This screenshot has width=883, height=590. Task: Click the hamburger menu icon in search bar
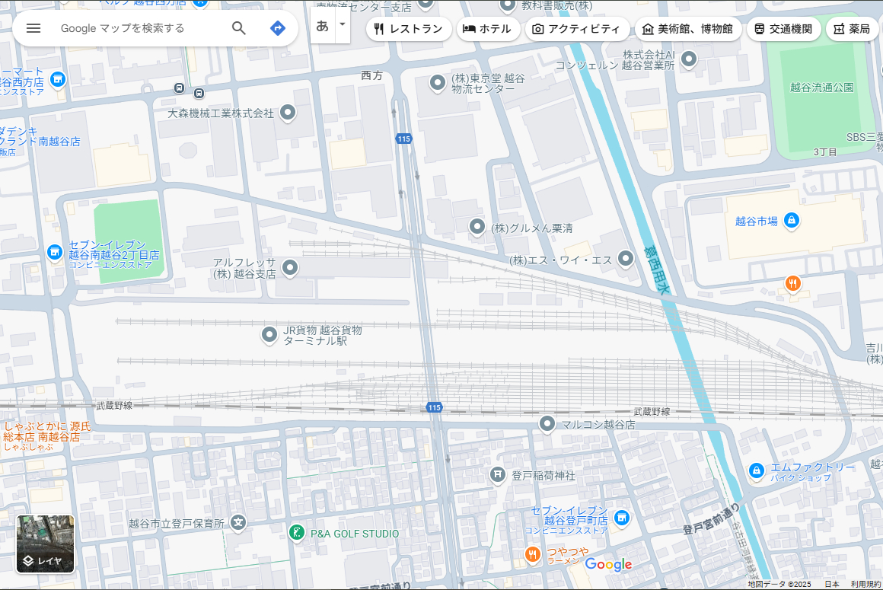coord(33,28)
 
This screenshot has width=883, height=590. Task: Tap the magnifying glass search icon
coord(239,28)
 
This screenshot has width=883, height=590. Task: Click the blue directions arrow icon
coord(278,28)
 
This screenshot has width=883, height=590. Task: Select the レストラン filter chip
coord(408,29)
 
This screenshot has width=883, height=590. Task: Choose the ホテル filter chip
coord(488,29)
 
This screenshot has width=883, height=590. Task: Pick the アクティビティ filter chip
coord(576,29)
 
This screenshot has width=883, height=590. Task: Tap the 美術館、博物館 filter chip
coord(687,29)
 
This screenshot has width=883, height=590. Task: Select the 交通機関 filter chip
coord(783,29)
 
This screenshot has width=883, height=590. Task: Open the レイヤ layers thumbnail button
coord(46,544)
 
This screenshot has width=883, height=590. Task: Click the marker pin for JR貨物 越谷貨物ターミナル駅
coord(269,334)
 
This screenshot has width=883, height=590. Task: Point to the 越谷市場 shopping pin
coord(791,221)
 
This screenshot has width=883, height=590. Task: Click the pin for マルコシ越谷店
coord(547,423)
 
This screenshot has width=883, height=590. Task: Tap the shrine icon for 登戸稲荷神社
coord(498,475)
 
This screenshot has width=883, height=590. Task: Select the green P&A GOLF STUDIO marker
coord(297,533)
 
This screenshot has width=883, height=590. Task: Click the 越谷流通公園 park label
coord(821,88)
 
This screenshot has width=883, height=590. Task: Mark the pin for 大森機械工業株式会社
coord(288,113)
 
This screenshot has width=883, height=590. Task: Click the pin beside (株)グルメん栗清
coord(477,227)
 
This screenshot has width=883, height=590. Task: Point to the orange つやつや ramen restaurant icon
coord(533,555)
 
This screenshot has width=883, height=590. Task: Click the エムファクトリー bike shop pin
coord(756,471)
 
